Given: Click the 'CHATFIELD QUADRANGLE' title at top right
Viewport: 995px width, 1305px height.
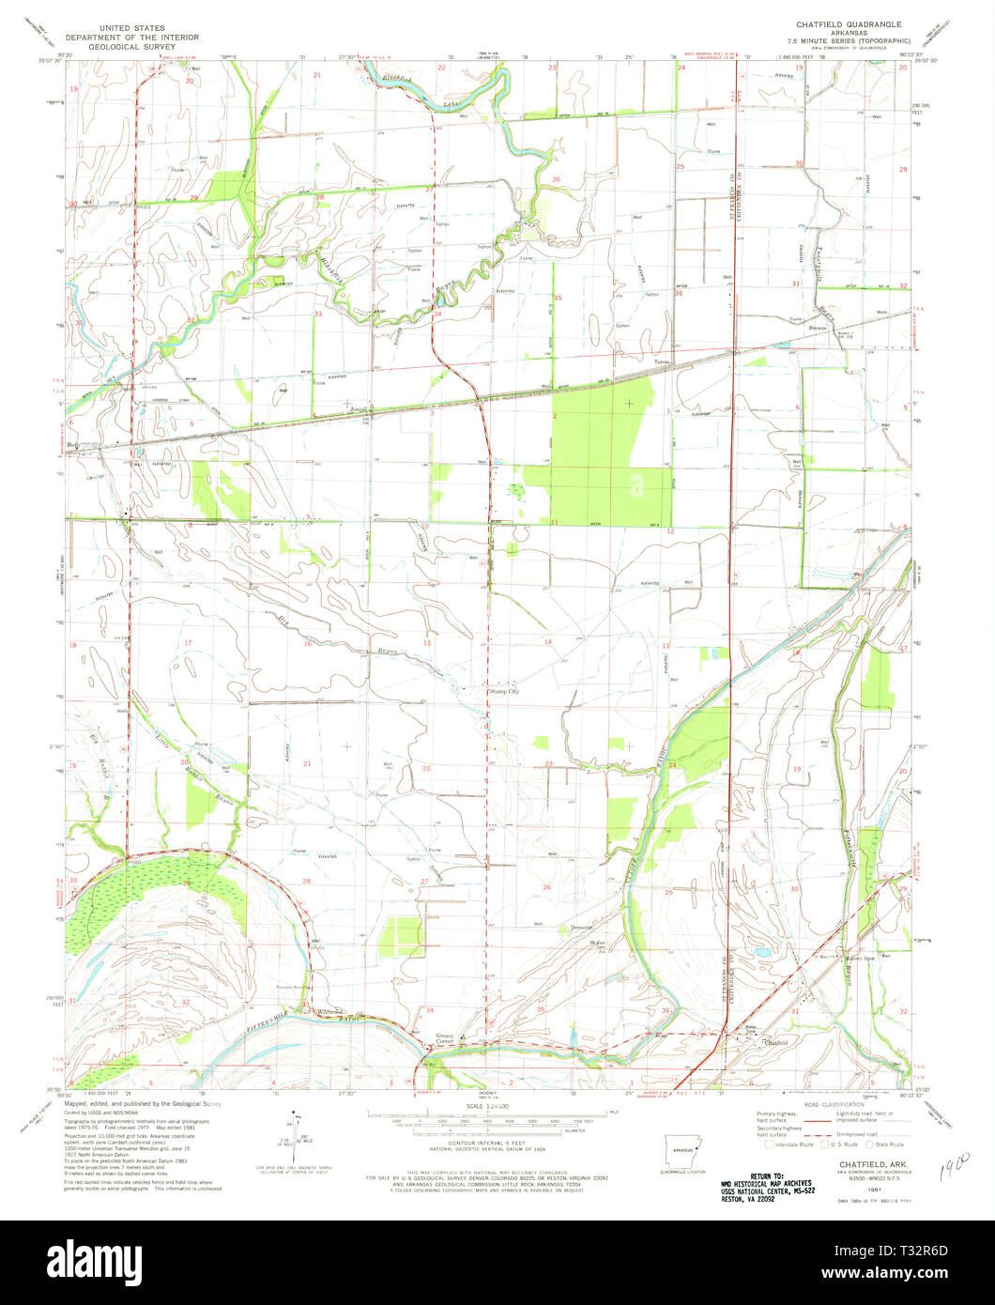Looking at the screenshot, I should (x=832, y=25).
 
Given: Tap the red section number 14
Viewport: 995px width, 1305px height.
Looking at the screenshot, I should (x=547, y=640).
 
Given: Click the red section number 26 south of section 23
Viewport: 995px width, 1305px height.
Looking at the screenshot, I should (x=546, y=886).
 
